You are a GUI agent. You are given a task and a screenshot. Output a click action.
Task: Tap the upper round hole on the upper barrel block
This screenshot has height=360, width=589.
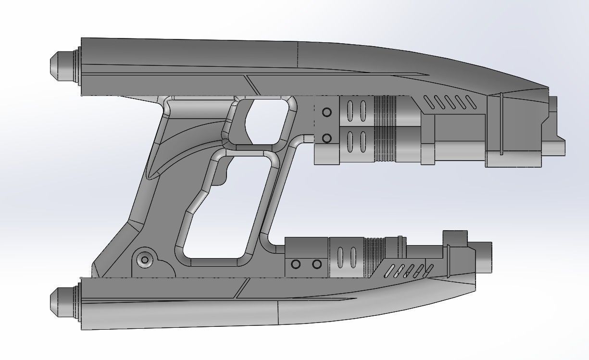(x=327, y=112)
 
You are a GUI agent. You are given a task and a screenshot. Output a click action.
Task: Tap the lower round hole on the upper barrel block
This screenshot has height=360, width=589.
(x=327, y=138)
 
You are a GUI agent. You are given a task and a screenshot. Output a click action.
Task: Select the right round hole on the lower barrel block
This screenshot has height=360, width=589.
(x=316, y=264)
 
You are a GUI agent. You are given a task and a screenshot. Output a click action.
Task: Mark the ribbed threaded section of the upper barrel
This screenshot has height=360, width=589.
(x=385, y=130)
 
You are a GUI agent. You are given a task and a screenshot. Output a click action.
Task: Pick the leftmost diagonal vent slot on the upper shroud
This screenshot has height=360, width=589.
(x=427, y=101)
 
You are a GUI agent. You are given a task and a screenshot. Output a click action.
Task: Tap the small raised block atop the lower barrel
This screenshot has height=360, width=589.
(x=455, y=237)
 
